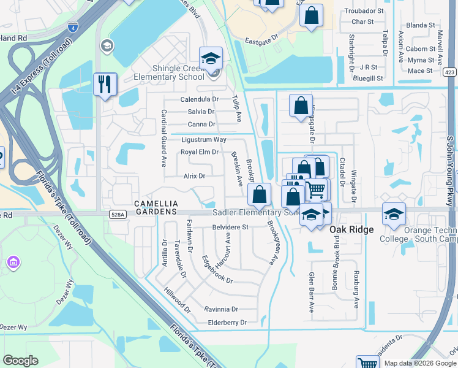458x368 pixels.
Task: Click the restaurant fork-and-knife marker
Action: (105, 84)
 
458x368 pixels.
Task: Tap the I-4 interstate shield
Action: (73, 27)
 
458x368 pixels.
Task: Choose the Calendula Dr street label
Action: (199, 99)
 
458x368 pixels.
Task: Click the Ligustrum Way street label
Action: (204, 140)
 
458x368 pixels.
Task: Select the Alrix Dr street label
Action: (194, 176)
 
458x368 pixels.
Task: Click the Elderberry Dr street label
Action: (227, 322)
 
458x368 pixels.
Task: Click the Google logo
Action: (20, 361)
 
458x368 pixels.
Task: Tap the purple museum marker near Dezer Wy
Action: (12, 263)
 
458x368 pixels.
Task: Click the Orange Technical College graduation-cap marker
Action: (394, 213)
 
